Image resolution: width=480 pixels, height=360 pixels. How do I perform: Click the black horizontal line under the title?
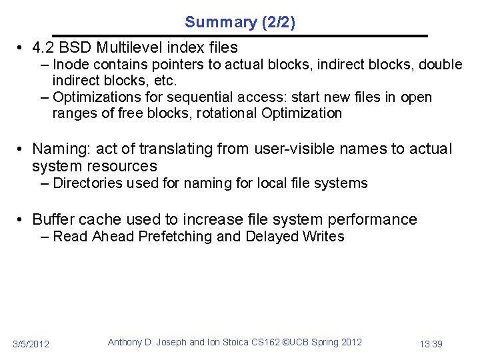[240, 35]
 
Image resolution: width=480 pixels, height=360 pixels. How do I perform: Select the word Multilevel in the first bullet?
[129, 47]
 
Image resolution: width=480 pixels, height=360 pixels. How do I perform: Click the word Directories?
[85, 183]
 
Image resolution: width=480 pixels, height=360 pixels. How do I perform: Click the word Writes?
[323, 237]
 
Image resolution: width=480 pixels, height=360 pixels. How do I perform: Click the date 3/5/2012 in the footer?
[31, 344]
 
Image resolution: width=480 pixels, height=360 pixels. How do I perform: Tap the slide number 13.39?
[432, 344]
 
